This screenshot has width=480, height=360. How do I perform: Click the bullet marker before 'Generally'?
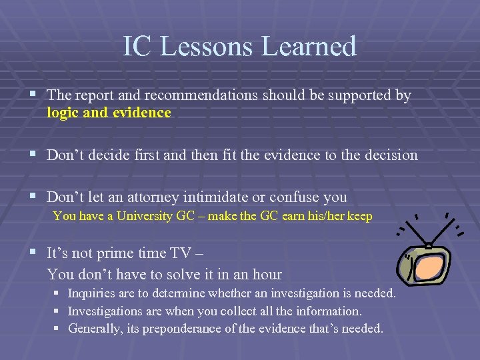pyautogui.click(x=57, y=328)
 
